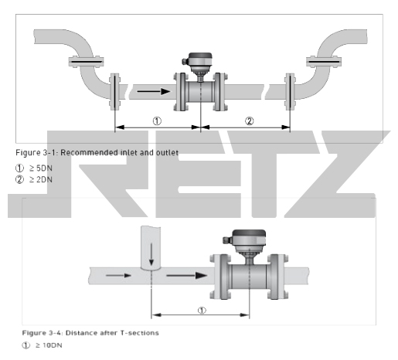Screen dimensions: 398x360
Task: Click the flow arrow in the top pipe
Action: pyautogui.click(x=154, y=91)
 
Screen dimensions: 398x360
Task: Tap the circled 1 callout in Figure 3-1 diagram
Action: pyautogui.click(x=157, y=121)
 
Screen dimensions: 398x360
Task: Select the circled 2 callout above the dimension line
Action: pyautogui.click(x=249, y=121)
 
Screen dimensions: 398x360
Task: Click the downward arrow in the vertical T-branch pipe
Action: pyautogui.click(x=151, y=254)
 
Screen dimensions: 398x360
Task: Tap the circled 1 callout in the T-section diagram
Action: pyautogui.click(x=202, y=311)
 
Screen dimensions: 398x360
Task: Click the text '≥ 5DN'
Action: pyautogui.click(x=41, y=168)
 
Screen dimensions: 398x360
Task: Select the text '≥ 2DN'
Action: pyautogui.click(x=41, y=179)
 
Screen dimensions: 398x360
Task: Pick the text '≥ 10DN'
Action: pyautogui.click(x=49, y=345)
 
